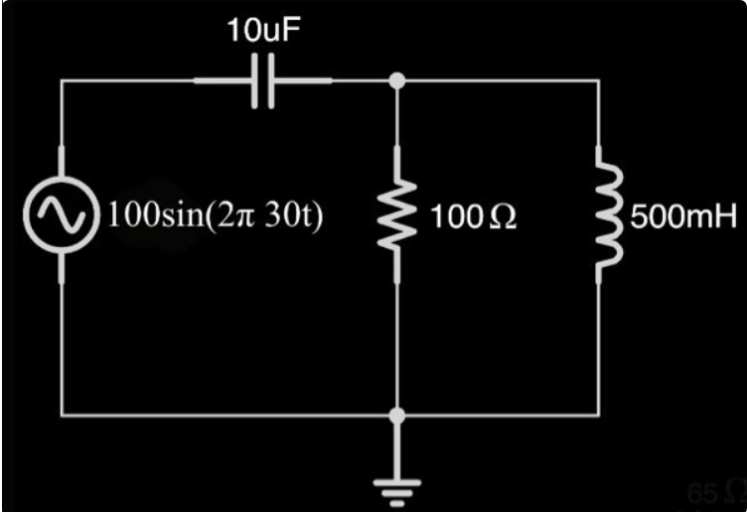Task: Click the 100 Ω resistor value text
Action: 473,217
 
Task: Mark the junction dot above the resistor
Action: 397,81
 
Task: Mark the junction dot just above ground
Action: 397,416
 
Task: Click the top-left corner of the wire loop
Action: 63,81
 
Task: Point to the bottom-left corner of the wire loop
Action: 63,415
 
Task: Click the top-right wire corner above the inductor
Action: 598,81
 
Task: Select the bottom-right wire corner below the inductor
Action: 598,415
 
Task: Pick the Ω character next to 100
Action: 504,217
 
